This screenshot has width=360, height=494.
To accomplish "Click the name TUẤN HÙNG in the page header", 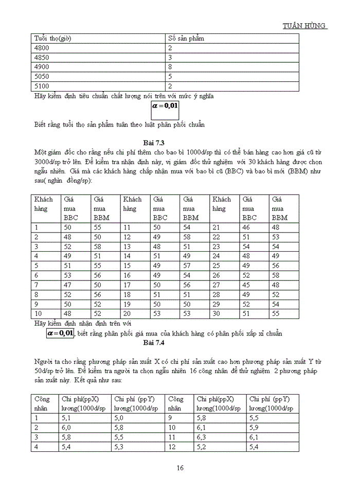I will click(305, 26).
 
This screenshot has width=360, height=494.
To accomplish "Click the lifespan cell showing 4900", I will click(42, 67).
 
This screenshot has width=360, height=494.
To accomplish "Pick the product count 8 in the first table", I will click(170, 67).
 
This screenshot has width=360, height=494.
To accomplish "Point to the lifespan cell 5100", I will click(42, 86).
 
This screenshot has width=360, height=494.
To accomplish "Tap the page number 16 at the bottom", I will click(180, 468).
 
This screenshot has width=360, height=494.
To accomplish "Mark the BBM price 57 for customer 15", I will click(188, 266).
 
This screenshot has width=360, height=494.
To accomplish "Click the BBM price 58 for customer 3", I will click(98, 246).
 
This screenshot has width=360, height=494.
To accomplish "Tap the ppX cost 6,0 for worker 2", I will click(66, 427).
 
